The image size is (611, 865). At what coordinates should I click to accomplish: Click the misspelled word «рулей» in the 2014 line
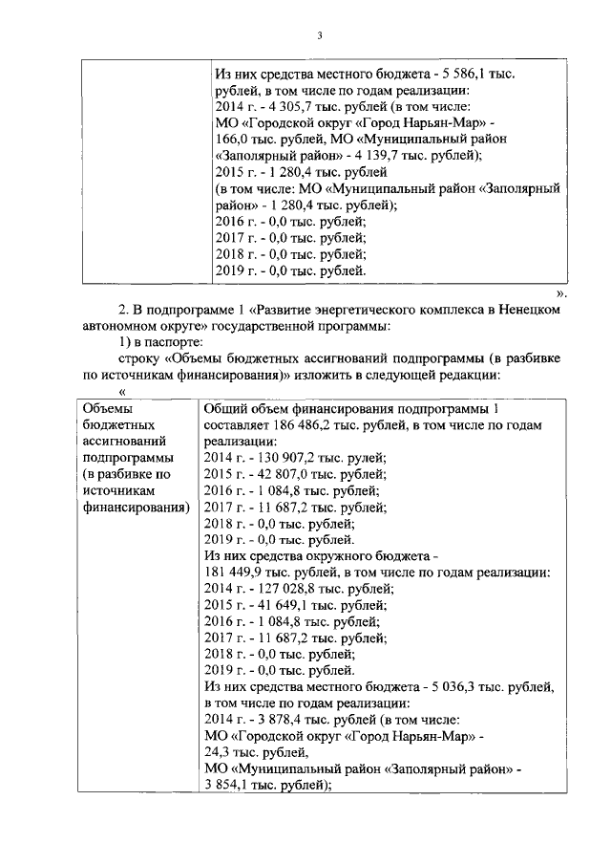(368, 458)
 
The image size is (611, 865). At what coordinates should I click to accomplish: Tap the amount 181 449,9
(233, 573)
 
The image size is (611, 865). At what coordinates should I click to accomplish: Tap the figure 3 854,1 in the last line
(226, 785)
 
